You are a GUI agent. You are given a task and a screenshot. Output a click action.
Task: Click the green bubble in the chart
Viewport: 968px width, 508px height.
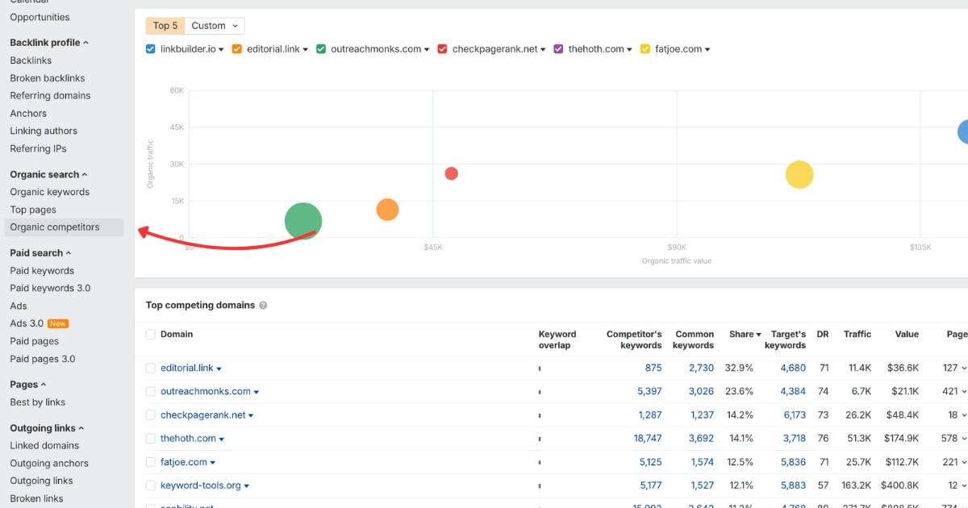point(303,221)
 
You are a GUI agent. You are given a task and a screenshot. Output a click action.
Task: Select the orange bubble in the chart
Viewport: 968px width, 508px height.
point(387,210)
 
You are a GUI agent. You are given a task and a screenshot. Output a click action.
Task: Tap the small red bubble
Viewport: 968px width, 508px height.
point(452,173)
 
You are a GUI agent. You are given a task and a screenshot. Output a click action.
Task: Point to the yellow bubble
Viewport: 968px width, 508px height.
point(799,174)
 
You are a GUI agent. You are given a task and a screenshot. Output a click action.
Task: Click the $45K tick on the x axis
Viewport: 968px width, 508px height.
point(433,248)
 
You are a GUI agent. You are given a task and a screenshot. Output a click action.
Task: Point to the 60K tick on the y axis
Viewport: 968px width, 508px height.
point(177,90)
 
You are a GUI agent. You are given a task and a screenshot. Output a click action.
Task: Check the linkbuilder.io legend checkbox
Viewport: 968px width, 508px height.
point(151,49)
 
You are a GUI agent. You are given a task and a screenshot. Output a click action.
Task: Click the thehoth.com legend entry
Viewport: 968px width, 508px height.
point(596,49)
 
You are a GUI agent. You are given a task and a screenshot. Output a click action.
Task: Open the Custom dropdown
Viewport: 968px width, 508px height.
point(215,26)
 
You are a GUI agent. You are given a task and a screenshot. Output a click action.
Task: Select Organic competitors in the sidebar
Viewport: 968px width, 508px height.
point(55,227)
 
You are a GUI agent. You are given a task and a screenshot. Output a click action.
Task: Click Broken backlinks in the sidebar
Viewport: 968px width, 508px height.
point(48,78)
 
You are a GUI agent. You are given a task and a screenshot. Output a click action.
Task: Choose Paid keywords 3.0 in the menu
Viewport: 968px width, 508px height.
point(50,288)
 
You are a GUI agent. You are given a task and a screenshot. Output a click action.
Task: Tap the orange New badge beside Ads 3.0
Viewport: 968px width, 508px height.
point(58,323)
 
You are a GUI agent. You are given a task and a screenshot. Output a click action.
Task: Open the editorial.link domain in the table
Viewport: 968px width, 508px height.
point(187,368)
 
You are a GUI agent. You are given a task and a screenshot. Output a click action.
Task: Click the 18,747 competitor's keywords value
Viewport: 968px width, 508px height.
point(647,439)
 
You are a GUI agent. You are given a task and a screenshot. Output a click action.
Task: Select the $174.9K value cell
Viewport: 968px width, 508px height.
point(901,439)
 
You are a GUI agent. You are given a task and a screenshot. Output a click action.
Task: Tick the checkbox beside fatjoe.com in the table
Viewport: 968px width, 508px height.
point(150,462)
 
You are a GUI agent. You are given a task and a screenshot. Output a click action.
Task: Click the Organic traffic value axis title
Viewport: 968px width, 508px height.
point(676,261)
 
